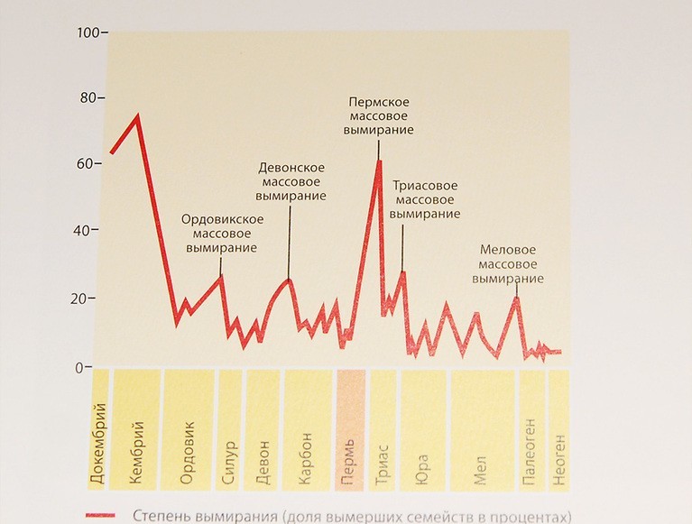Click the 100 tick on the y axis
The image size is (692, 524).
89,32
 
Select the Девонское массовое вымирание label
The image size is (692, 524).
291,181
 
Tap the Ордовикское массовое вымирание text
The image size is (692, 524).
222,233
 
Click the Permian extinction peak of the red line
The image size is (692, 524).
380,161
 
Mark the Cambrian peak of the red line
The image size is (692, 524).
137,115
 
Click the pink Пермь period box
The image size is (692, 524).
350,429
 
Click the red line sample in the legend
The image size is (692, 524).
101,516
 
